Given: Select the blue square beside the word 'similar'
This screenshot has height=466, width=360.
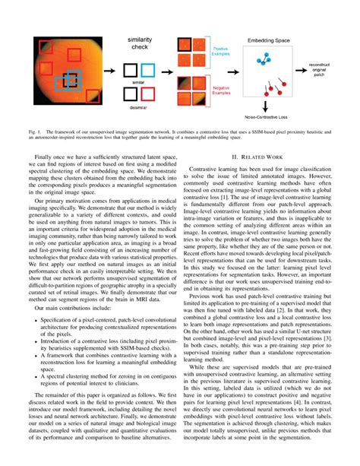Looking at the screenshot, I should point(148,71).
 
